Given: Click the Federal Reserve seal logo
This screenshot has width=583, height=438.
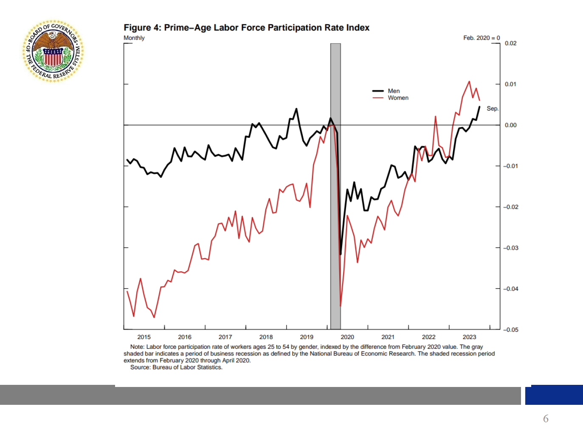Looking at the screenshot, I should (53, 51).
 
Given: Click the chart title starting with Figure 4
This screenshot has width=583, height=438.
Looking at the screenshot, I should (246, 28).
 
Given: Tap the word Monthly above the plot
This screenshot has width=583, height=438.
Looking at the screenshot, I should (134, 38).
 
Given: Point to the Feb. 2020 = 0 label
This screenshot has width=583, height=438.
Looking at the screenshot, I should (482, 38).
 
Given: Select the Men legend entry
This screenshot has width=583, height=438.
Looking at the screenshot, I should (393, 91).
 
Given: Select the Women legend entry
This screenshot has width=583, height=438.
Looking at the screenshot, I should (398, 98).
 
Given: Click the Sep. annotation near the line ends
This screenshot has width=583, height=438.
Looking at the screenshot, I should (492, 108).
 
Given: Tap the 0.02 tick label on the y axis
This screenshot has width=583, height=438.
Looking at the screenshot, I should (510, 43).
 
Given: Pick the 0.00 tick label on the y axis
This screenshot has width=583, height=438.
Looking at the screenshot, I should (510, 125).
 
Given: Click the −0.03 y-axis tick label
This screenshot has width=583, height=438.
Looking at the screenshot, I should (510, 248).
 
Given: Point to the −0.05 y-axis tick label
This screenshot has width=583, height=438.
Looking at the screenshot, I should (510, 330).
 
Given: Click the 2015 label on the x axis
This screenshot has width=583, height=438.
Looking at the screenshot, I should (144, 337).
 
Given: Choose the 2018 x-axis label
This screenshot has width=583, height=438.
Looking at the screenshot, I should (266, 337).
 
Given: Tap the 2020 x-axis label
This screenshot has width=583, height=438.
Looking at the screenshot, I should (347, 337).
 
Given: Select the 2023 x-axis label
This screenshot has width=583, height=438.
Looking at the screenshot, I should (469, 337).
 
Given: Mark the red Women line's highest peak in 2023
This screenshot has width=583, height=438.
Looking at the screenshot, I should (469, 82).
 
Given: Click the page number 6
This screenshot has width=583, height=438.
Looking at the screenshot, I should (546, 419).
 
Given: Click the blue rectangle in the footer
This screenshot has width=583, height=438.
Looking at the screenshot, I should (554, 395).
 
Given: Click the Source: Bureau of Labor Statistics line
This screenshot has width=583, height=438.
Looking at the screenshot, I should (176, 367).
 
